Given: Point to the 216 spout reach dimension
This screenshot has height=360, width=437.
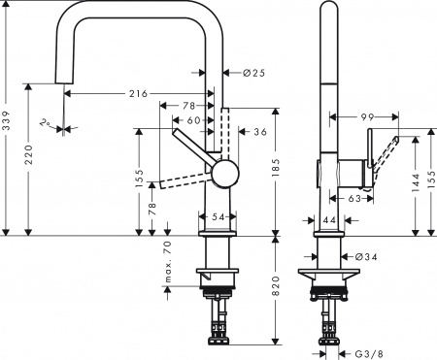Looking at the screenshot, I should coord(137,93).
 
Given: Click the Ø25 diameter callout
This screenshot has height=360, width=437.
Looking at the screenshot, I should coord(252,72).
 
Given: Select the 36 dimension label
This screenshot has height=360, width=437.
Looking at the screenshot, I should coord(259,132).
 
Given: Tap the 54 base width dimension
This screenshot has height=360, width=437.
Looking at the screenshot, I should coord(218,214).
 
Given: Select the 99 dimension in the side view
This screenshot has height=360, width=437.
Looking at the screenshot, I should coord(367,117).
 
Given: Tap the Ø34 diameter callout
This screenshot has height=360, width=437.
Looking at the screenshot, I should coord(366,255).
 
